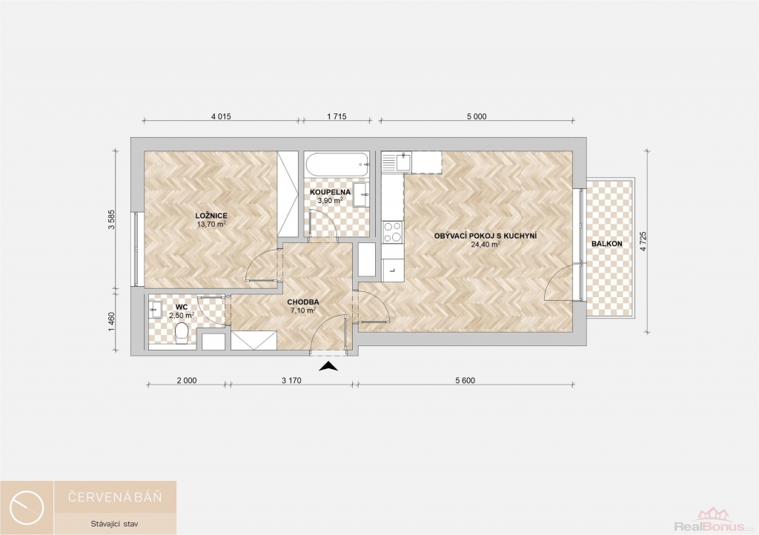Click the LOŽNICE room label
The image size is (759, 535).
pyautogui.click(x=211, y=216)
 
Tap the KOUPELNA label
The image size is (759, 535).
pyautogui.click(x=330, y=192)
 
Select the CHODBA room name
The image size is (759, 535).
pyautogui.click(x=303, y=302)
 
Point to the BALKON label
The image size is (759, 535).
pyautogui.click(x=606, y=244)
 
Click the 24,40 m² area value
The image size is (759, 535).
pyautogui.click(x=485, y=245)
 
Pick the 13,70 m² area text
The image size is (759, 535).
pyautogui.click(x=211, y=224)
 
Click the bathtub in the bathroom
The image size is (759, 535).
pyautogui.click(x=337, y=165)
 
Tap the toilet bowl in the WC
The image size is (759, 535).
pyautogui.click(x=182, y=333)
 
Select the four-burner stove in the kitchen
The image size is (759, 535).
pyautogui.click(x=392, y=232)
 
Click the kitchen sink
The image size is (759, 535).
pyautogui.click(x=402, y=162)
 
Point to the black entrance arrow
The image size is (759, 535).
pyautogui.click(x=328, y=366)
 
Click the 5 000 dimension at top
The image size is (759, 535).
pyautogui.click(x=477, y=116)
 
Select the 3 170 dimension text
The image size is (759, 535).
pyautogui.click(x=291, y=380)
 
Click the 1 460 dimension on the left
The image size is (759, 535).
pyautogui.click(x=112, y=322)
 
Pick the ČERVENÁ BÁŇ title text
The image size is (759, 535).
pyautogui.click(x=115, y=496)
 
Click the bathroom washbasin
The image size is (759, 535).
pyautogui.click(x=361, y=194)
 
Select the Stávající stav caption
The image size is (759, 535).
pyautogui.click(x=115, y=523)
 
